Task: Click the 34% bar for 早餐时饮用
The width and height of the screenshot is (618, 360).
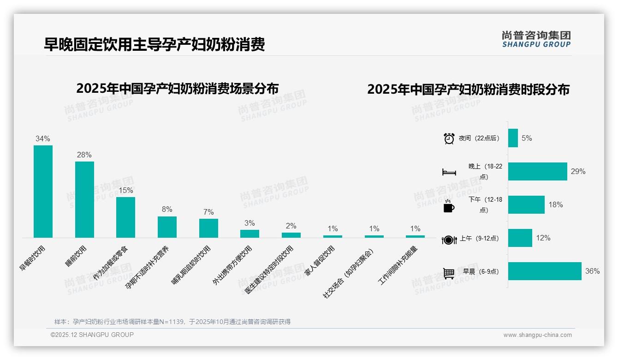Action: [x=43, y=192]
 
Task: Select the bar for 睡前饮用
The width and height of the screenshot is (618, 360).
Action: [x=84, y=199]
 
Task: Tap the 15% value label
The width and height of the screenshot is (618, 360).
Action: [x=125, y=190]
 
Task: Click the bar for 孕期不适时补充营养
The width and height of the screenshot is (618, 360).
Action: [x=167, y=227]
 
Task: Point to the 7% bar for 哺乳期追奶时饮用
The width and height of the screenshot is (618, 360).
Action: [x=208, y=228]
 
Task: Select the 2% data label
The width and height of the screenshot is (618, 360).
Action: [x=291, y=226]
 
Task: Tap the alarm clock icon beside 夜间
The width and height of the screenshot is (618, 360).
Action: [x=449, y=138]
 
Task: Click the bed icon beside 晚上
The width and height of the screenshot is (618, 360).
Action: [x=449, y=172]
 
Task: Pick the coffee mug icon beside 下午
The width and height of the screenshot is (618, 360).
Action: [x=449, y=207]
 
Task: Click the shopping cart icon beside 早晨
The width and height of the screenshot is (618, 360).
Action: [x=449, y=273]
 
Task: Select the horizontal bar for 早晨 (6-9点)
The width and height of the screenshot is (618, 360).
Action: [x=545, y=271]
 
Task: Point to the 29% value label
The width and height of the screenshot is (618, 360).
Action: [x=578, y=172]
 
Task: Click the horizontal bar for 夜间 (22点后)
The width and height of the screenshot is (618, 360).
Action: [x=513, y=138]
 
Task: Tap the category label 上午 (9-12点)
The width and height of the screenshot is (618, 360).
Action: [x=479, y=239]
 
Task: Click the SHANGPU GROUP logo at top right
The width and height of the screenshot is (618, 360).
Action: [x=536, y=39]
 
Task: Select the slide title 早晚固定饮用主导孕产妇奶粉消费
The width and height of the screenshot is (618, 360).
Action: [x=154, y=44]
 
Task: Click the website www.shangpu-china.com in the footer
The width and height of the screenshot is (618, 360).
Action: [x=537, y=335]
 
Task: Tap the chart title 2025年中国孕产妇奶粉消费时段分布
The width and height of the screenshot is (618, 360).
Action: [x=468, y=89]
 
